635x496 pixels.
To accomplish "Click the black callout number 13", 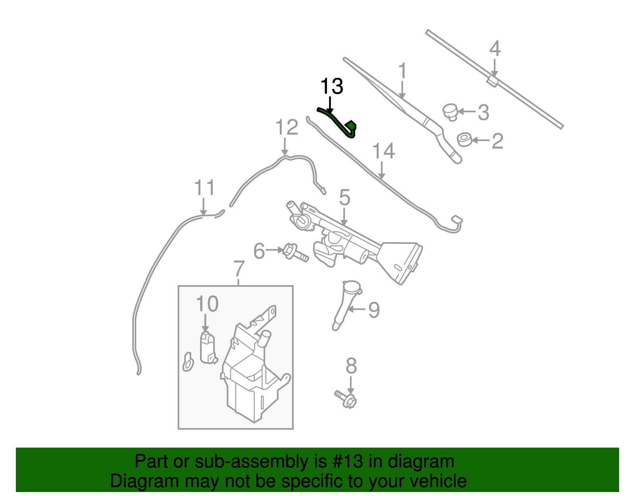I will pos(331,86).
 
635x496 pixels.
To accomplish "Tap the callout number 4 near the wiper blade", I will pos(495,49).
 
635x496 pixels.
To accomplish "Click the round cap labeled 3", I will pos(450,111).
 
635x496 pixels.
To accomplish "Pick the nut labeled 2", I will pos(464,140).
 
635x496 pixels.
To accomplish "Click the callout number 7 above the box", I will pos(239,269).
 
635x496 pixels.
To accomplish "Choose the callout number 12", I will pos(287,127).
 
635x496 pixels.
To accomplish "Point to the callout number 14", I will pos(383,151).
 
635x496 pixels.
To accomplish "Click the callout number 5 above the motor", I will pos(344,197).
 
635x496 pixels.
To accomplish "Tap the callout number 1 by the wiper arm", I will pos(402,71).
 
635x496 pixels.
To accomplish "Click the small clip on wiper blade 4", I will pos(492,80).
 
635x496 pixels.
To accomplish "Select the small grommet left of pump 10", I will pos(188,362).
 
